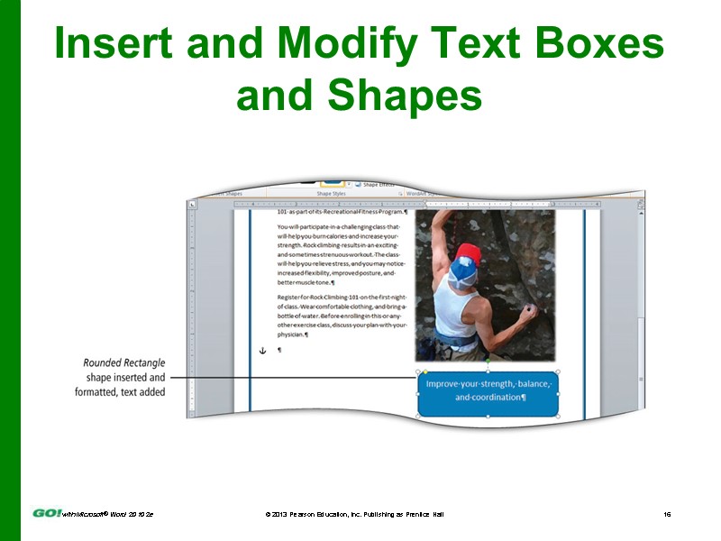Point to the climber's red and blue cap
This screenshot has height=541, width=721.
465,261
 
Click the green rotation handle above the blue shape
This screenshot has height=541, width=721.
488,362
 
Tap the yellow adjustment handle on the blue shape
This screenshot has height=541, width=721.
425,371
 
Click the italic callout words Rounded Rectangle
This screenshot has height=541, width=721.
123,363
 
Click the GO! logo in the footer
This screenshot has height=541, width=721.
47,513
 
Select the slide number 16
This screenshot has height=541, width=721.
667,514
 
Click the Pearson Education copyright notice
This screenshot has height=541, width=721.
353,514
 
